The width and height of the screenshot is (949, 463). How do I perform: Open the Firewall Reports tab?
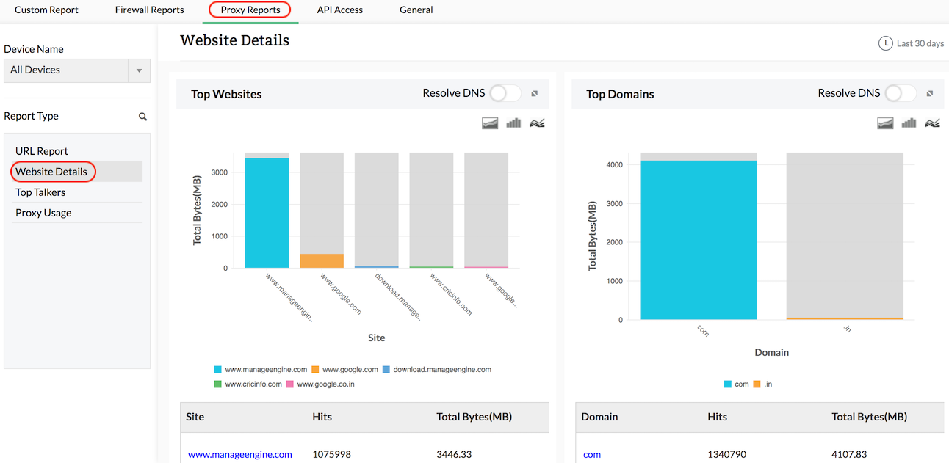pyautogui.click(x=149, y=10)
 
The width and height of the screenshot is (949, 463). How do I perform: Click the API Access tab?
pyautogui.click(x=339, y=10)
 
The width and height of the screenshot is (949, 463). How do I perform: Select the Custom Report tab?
pyautogui.click(x=46, y=10)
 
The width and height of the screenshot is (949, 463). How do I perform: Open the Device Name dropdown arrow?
pyautogui.click(x=139, y=70)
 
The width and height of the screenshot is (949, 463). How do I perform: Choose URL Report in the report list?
pyautogui.click(x=42, y=151)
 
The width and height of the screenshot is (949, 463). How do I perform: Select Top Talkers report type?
pyautogui.click(x=40, y=192)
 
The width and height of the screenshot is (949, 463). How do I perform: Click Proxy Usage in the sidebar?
pyautogui.click(x=43, y=213)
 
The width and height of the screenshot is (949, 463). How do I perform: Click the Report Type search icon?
pyautogui.click(x=142, y=117)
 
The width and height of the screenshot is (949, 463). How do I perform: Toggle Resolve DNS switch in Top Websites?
pyautogui.click(x=505, y=93)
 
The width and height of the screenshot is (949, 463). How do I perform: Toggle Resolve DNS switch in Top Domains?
pyautogui.click(x=901, y=93)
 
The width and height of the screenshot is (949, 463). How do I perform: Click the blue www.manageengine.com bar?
pyautogui.click(x=267, y=213)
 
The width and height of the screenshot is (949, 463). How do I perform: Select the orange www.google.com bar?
pyautogui.click(x=322, y=260)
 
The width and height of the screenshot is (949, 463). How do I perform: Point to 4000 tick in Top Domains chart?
pyautogui.click(x=615, y=164)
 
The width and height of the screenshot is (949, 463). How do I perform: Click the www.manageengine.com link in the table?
pyautogui.click(x=239, y=454)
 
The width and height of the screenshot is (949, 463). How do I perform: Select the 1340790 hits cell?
pyautogui.click(x=728, y=454)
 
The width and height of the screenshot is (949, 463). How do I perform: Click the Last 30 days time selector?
pyautogui.click(x=912, y=43)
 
